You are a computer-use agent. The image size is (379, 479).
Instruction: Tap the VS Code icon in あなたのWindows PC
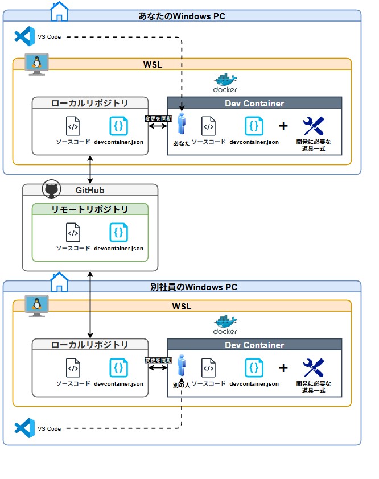click(24, 36)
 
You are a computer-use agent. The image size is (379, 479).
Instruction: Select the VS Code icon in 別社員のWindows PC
click(24, 428)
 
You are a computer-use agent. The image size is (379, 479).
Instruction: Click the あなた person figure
click(182, 125)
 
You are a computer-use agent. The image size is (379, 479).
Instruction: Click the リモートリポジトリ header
click(90, 209)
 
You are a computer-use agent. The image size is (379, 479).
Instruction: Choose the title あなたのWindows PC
click(182, 16)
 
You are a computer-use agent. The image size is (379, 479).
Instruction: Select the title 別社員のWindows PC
click(182, 287)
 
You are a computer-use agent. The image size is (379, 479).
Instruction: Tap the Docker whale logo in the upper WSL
click(225, 81)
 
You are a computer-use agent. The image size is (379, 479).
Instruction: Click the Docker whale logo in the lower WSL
click(225, 323)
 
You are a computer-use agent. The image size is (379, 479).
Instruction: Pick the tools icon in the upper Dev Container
click(313, 126)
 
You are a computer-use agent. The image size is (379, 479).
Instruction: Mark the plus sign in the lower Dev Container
click(283, 367)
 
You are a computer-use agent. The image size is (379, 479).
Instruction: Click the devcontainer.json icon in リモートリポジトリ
click(119, 232)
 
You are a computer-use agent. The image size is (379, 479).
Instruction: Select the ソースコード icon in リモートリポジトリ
click(73, 232)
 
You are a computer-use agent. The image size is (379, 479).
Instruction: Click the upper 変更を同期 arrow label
click(158, 119)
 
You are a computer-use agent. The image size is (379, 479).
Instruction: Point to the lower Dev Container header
click(254, 345)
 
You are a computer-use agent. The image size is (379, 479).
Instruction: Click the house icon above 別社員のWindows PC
click(59, 280)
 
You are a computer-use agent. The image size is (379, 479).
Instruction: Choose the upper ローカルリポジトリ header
click(90, 103)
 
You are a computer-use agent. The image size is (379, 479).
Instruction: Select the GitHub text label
click(90, 191)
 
